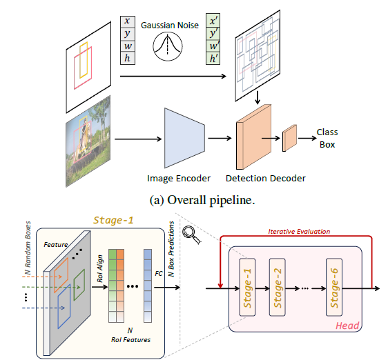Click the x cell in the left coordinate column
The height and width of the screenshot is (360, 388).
[126, 21]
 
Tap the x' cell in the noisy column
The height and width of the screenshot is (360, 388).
[215, 21]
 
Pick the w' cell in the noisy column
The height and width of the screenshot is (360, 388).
[215, 46]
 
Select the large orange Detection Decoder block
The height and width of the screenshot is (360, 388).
[254, 137]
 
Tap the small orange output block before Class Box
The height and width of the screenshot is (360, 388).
[290, 138]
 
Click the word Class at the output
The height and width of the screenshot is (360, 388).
[327, 131]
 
